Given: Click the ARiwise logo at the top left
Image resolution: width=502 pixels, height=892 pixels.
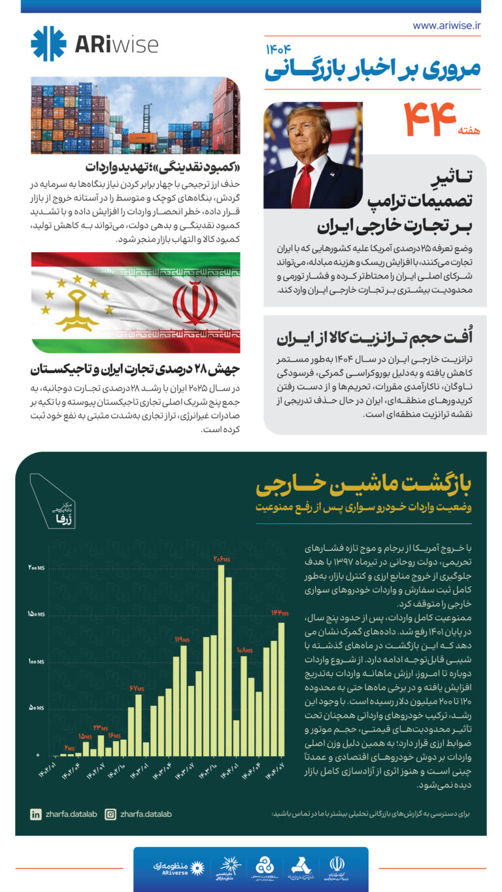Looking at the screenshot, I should (x=94, y=44).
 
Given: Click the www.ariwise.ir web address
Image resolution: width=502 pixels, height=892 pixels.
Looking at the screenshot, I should (x=446, y=25).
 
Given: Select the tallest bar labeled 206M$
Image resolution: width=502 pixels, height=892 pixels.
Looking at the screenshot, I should (x=221, y=660).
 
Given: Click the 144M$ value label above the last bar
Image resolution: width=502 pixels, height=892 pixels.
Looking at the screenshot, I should (x=280, y=613).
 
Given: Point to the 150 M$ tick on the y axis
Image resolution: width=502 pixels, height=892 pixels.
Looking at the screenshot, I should (x=36, y=614).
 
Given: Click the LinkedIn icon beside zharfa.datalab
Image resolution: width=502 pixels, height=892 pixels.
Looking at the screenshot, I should (x=35, y=814).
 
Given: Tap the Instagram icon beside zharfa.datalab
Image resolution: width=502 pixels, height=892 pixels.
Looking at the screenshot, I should (x=110, y=814).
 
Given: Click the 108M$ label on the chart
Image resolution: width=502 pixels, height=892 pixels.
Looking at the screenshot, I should (x=244, y=650).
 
